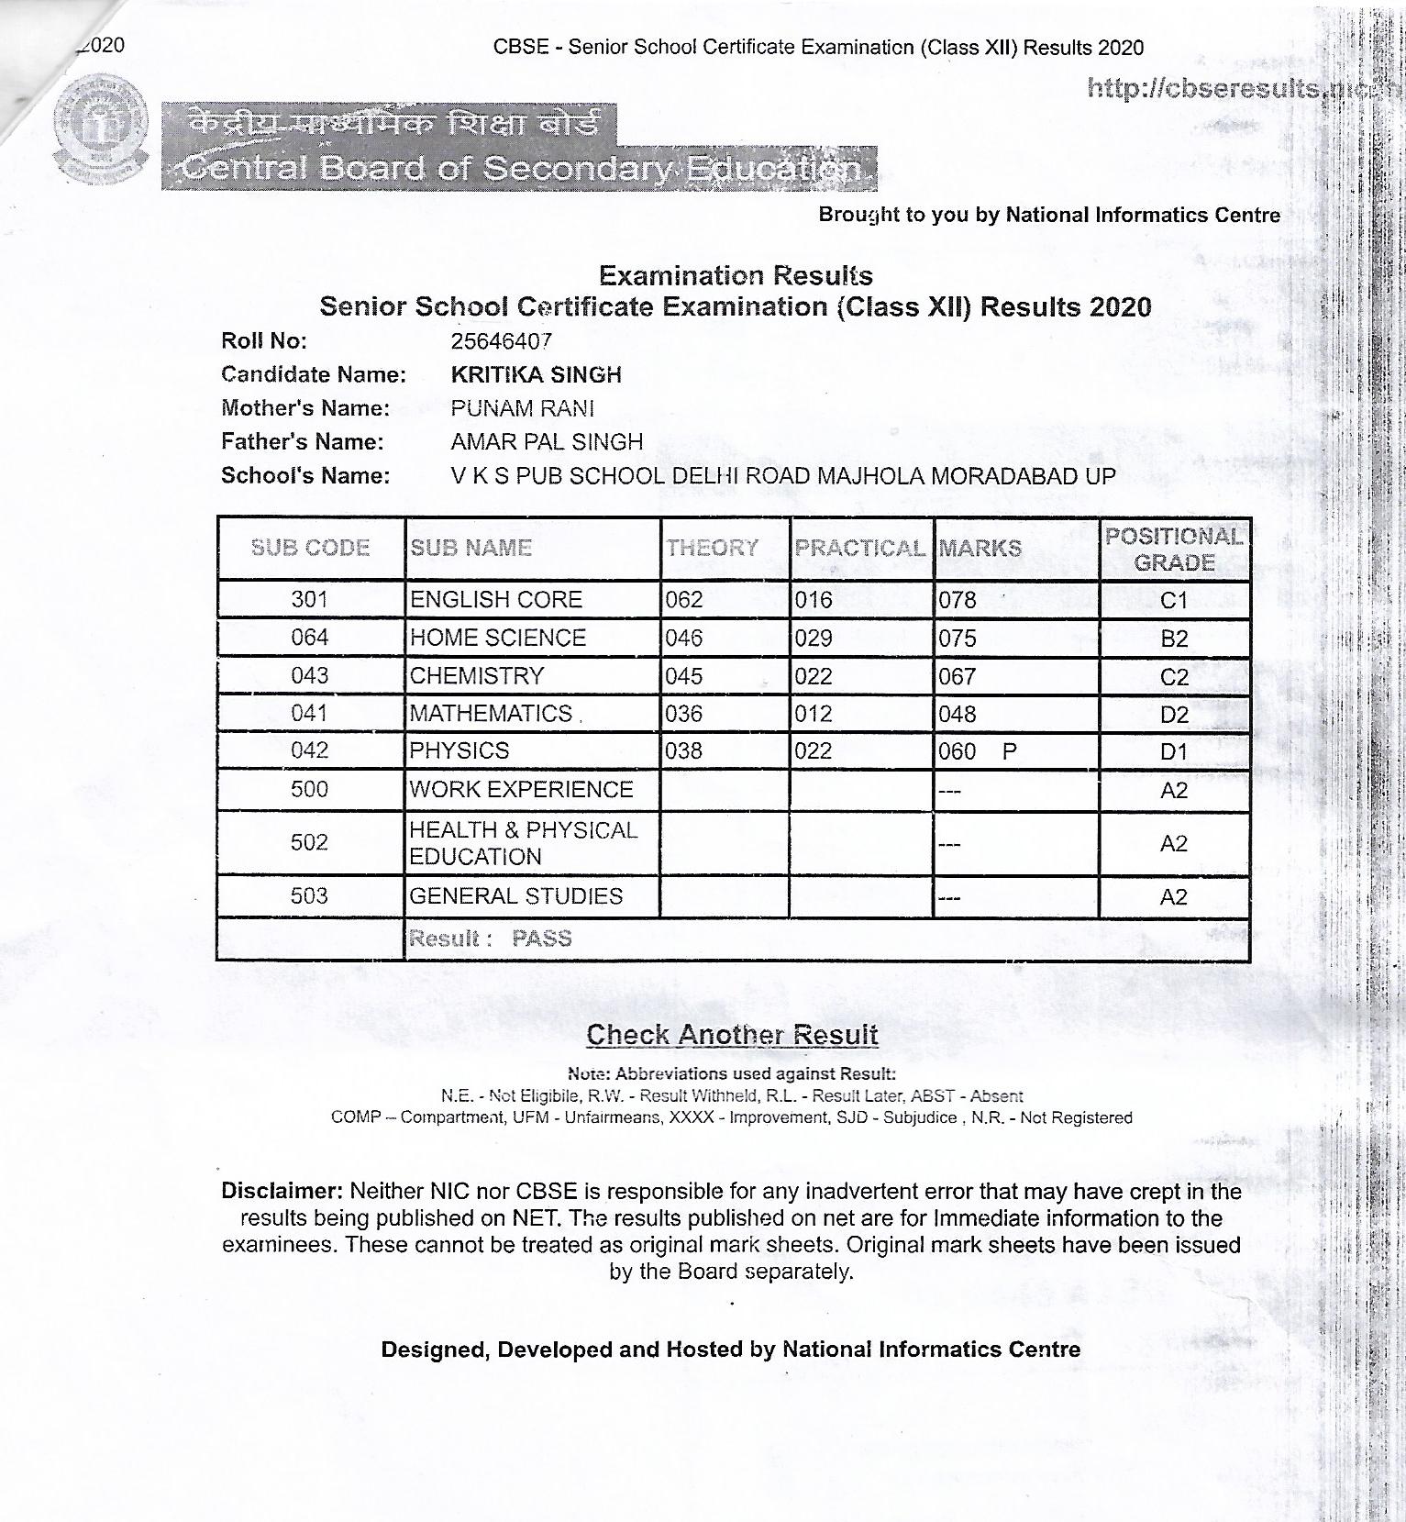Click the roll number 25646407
(501, 341)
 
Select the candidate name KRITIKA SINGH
(536, 374)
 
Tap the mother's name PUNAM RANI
(522, 408)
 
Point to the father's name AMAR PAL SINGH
(547, 442)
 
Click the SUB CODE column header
(310, 548)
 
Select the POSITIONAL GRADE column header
(1174, 549)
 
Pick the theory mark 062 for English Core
(684, 600)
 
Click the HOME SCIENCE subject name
(497, 638)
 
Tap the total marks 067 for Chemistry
(957, 677)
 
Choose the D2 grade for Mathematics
(1174, 715)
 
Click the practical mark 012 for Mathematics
(814, 714)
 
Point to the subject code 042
(309, 750)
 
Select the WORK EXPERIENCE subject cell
(521, 790)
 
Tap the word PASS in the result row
(541, 939)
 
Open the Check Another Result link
(732, 1035)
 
